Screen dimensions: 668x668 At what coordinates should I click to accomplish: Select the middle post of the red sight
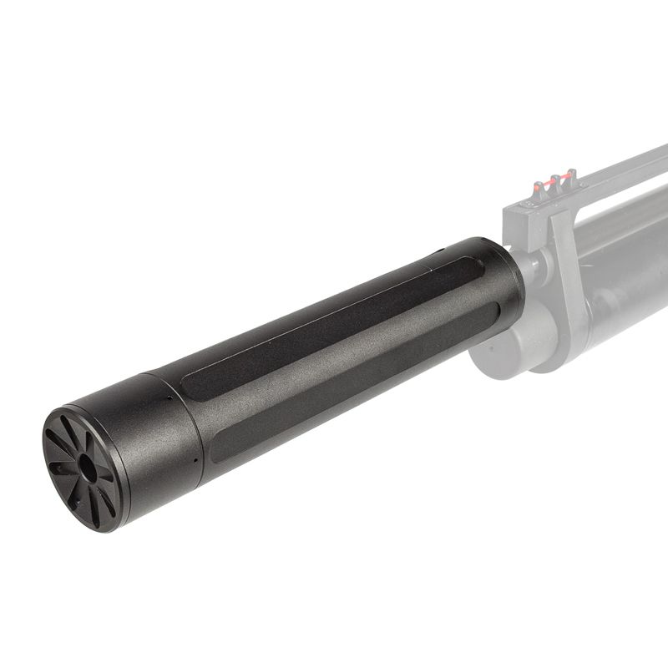point(555,180)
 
